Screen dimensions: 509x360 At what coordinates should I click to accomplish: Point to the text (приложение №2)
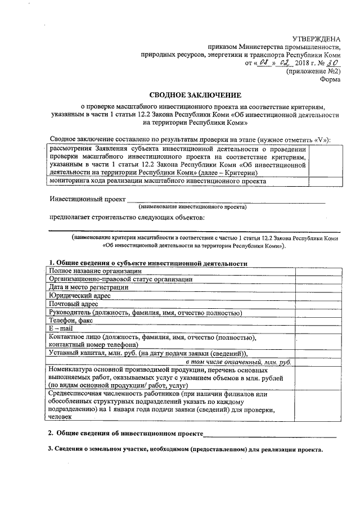(313, 71)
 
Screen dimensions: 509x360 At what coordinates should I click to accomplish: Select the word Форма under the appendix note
(330, 80)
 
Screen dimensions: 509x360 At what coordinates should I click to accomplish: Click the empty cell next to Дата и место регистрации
(315, 287)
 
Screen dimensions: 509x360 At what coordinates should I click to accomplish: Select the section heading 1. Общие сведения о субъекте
(148, 263)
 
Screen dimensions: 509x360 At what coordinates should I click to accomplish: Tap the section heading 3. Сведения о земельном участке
(186, 450)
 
